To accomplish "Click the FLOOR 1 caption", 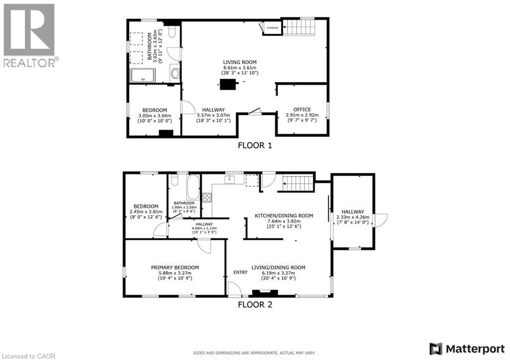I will tap(255, 146).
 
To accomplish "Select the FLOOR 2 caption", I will tap(255, 305).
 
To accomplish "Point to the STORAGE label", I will tap(272, 28).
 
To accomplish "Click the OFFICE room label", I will tap(302, 110).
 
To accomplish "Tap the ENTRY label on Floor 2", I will tap(240, 272).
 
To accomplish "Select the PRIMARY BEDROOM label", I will tap(175, 267).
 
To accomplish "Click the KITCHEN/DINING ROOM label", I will tap(284, 216).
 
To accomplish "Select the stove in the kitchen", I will tap(206, 197).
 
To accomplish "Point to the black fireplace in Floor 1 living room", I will tap(229, 84).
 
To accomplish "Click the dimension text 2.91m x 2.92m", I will tap(302, 115).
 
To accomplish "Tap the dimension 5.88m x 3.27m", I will tap(175, 273).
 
